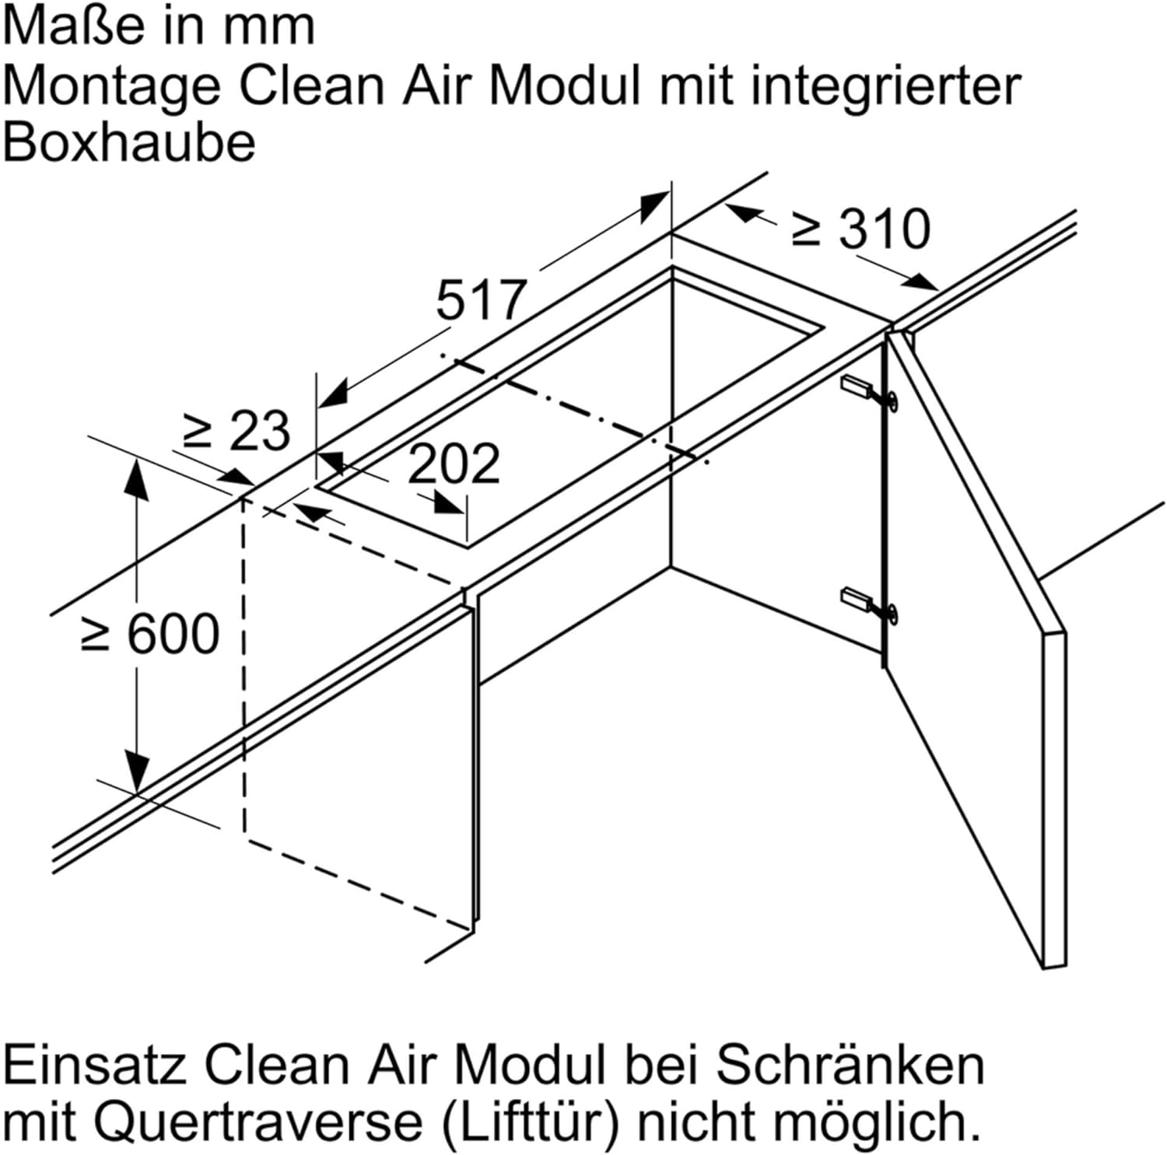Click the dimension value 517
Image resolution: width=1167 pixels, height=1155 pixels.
[482, 300]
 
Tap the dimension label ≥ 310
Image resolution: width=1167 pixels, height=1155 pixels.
[860, 229]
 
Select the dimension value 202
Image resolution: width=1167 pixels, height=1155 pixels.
[454, 464]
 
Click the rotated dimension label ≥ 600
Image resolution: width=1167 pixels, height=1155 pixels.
[150, 634]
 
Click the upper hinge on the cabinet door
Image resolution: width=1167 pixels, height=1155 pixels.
[869, 391]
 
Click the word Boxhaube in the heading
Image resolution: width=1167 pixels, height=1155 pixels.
[129, 143]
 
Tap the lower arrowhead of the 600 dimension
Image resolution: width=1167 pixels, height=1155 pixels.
[137, 772]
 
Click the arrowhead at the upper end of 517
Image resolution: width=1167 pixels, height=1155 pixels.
[654, 207]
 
